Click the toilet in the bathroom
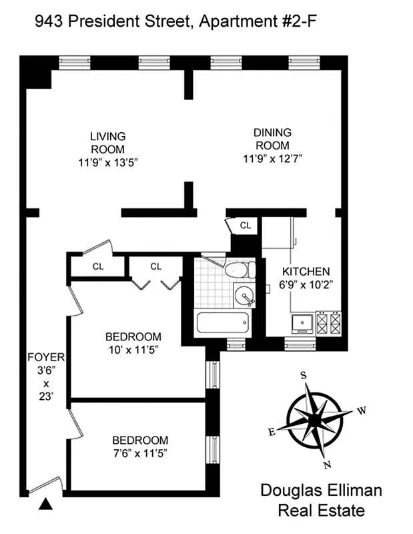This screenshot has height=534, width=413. tap(239, 270)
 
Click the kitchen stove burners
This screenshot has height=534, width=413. tap(328, 324)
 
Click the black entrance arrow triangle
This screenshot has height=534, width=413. tap(45, 505)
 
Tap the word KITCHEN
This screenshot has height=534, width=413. tap(306, 272)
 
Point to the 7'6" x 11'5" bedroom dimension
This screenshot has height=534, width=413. tap(139, 453)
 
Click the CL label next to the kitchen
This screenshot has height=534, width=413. tap(246, 226)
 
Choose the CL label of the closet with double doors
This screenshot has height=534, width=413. tap(156, 266)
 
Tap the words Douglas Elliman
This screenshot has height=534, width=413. tap(321, 491)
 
